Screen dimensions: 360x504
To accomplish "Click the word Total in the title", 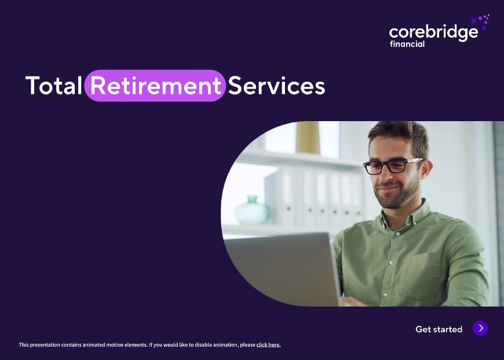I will click(x=53, y=86).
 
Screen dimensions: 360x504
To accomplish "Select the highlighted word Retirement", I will click(x=156, y=86).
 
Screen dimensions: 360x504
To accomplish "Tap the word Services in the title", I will click(x=276, y=86).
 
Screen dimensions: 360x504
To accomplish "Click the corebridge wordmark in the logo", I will click(x=433, y=32).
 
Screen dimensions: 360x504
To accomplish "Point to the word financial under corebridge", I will click(x=407, y=44).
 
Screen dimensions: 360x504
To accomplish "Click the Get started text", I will click(x=439, y=329).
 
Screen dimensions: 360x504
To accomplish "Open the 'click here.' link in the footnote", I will click(x=268, y=345).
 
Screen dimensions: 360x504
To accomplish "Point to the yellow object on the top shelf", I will click(x=308, y=137).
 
